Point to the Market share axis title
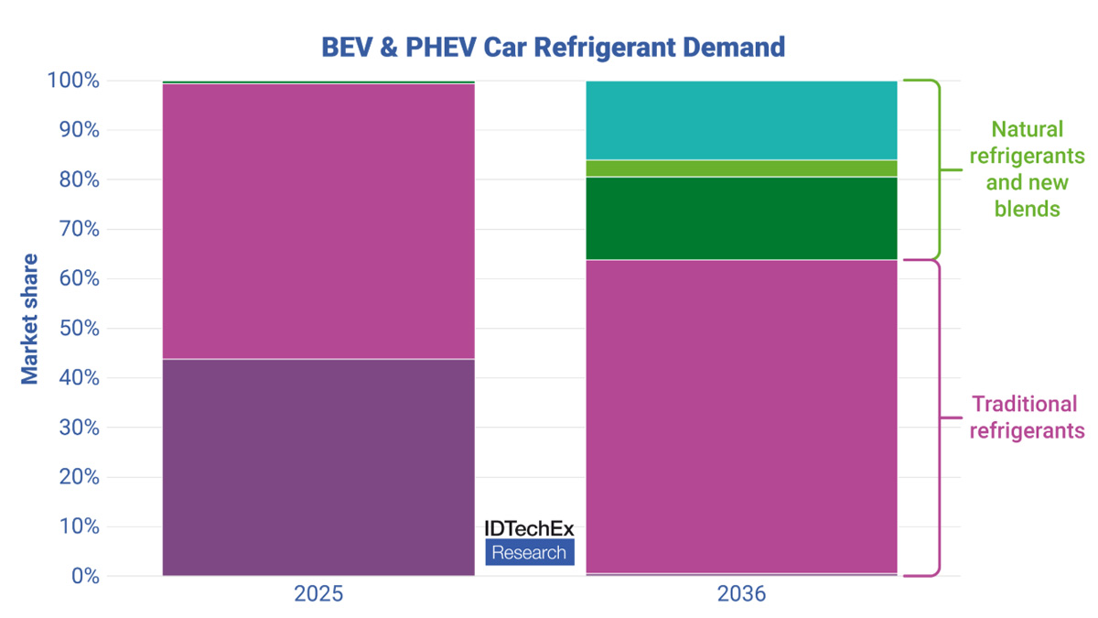(30, 319)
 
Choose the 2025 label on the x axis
(318, 594)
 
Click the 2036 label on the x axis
(741, 594)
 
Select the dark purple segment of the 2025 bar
(318, 467)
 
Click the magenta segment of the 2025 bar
(318, 220)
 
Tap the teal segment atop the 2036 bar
(741, 120)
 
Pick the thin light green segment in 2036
(741, 168)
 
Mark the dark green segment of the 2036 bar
(741, 218)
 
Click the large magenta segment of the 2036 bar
(741, 417)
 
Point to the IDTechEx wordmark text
(529, 530)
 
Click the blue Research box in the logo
(529, 552)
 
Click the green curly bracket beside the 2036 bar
(936, 169)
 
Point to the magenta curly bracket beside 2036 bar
(936, 418)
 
